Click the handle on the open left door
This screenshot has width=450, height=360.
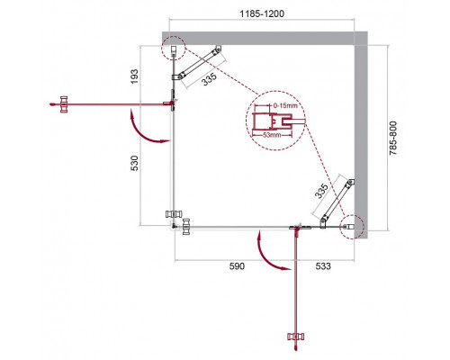point(63,105)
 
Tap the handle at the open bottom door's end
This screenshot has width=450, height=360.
point(296,341)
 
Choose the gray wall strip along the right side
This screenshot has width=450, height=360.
point(361,135)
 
